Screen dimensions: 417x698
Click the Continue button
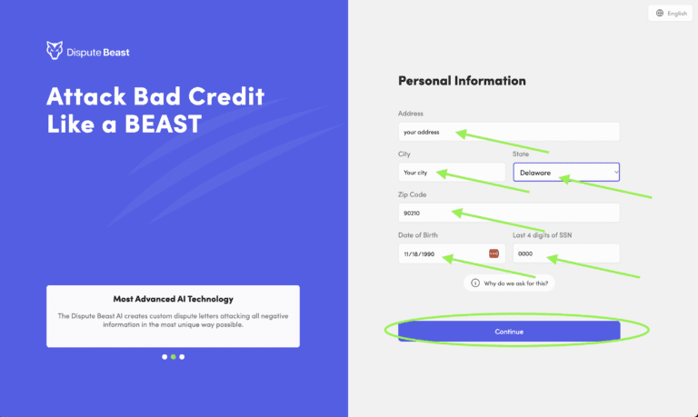point(509,332)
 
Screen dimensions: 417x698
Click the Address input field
point(509,132)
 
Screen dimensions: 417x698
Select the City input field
point(451,172)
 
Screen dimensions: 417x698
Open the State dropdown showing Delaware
point(565,172)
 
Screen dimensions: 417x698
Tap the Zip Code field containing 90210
point(509,213)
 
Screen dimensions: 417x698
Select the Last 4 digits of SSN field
point(565,253)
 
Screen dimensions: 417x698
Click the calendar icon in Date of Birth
point(494,253)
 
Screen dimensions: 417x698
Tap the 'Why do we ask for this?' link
point(515,283)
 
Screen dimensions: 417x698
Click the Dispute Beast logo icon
point(55,51)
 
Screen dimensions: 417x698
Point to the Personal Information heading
point(462,81)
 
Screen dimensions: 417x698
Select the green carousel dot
point(173,357)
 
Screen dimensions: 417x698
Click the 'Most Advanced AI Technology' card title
point(173,299)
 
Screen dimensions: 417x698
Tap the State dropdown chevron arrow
point(615,172)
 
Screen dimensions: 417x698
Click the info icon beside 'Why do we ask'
point(474,283)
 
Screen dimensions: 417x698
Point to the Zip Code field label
point(412,194)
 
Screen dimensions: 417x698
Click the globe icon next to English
point(660,14)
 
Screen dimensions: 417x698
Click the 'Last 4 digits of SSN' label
point(542,235)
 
